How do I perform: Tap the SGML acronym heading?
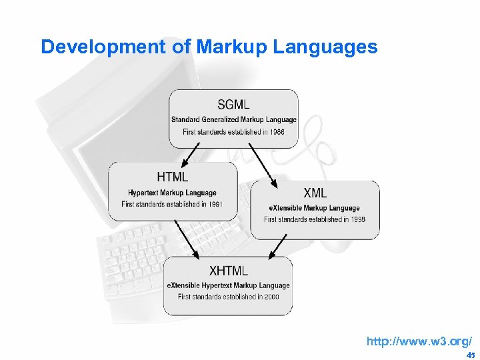click(233, 105)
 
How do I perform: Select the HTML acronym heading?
click(173, 177)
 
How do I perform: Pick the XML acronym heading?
click(315, 193)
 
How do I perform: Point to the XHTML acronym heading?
click(228, 271)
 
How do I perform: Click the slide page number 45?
click(470, 355)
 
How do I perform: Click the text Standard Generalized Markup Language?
click(233, 120)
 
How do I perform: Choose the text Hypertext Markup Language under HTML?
click(172, 193)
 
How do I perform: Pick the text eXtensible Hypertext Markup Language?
click(228, 285)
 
